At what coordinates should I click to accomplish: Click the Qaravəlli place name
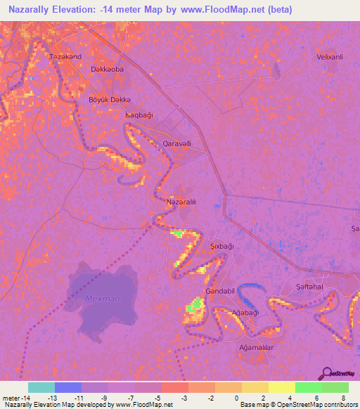[x=176, y=143]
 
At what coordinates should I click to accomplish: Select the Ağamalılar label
[x=256, y=347]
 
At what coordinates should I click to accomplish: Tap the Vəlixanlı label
[x=329, y=56]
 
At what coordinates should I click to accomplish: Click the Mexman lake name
[x=103, y=299]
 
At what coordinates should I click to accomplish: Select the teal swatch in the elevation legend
[x=41, y=387]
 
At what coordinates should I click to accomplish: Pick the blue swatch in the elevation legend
[x=68, y=387]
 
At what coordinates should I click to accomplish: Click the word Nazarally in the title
[x=34, y=10]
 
